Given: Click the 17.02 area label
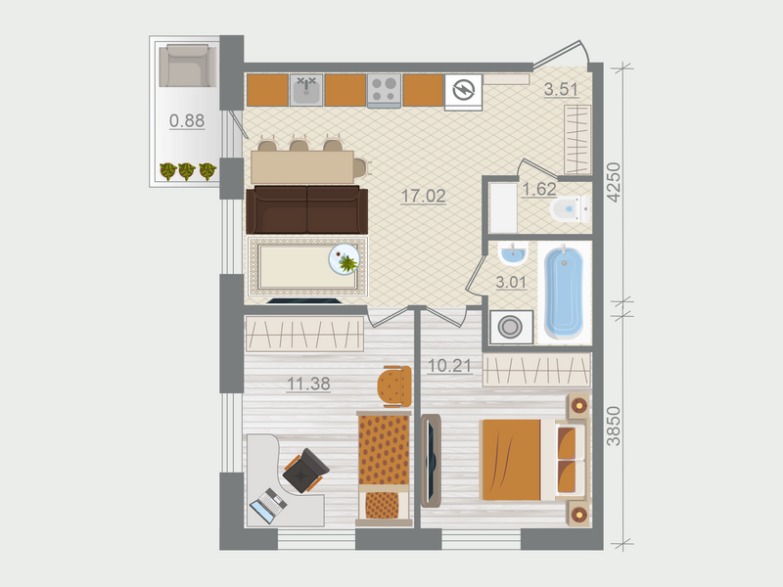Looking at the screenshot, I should coord(423,196).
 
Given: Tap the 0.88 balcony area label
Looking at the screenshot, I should coord(187,121).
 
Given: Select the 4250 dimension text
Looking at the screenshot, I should coord(614,180).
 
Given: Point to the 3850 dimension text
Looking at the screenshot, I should coord(614,426).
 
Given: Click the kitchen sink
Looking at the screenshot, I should coord(306,90).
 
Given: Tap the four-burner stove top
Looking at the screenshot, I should coord(383,90).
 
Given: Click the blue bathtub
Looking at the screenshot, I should coord(565,292).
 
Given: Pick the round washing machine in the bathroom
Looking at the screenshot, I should coord(510,326).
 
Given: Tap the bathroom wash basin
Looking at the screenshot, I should coord(512,256).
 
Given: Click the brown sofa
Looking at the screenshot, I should coord(306,208).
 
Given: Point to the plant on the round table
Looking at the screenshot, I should coord(346,261).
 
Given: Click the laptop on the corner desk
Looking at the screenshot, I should coord(266,507).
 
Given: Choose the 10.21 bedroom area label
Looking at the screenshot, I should coord(450,367).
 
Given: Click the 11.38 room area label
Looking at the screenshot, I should coord(307,384).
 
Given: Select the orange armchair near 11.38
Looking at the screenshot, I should coord(394,385).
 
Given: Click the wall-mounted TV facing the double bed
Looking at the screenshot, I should coord(432,461).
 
